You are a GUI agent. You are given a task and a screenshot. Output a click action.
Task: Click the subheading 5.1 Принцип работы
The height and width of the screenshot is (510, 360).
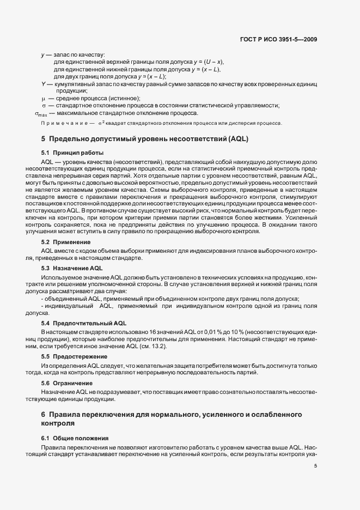click(x=72, y=153)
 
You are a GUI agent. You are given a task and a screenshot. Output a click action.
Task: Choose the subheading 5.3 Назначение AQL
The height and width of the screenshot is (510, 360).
click(x=72, y=269)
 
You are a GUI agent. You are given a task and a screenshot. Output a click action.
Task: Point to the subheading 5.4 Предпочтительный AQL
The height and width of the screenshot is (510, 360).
click(x=84, y=323)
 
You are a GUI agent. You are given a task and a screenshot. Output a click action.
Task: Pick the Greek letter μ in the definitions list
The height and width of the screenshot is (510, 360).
click(x=43, y=98)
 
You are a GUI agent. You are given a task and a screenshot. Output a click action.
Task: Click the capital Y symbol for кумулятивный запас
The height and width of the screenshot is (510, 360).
click(x=43, y=84)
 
